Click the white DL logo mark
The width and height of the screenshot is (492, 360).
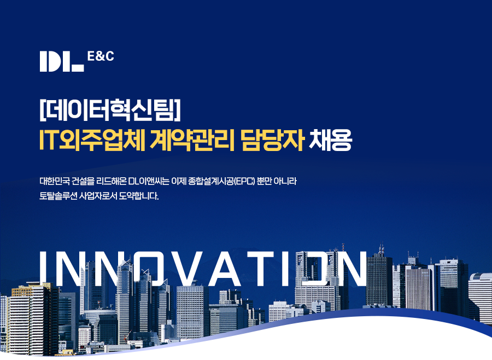[x=61, y=61]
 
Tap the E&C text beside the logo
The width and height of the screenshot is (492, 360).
[x=101, y=56]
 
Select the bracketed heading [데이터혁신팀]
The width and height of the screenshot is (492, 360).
[x=110, y=110]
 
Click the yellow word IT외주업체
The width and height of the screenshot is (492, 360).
[x=92, y=140]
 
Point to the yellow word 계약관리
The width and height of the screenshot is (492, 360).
[x=192, y=140]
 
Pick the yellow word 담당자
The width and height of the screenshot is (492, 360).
[x=272, y=140]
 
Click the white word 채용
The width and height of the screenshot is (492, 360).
[x=330, y=140]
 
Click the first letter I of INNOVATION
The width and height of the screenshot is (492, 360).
[x=44, y=269]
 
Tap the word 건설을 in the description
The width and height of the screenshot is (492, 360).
[x=83, y=181]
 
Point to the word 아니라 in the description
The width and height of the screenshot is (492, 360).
[x=285, y=181]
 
